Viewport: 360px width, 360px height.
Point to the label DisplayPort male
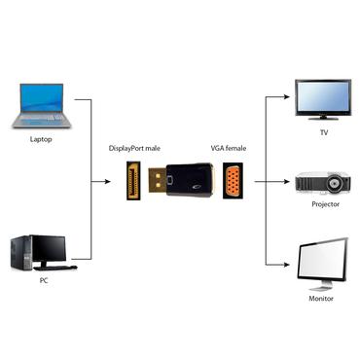point(134,148)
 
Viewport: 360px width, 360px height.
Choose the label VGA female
point(229,148)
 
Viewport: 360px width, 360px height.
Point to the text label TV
point(324,132)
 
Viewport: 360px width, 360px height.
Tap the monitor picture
point(321,260)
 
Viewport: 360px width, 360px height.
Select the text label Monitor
point(321,298)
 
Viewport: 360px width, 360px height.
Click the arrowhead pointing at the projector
point(289,181)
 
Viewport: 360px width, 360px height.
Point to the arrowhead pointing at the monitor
point(289,267)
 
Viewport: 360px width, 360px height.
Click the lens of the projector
point(337,182)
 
